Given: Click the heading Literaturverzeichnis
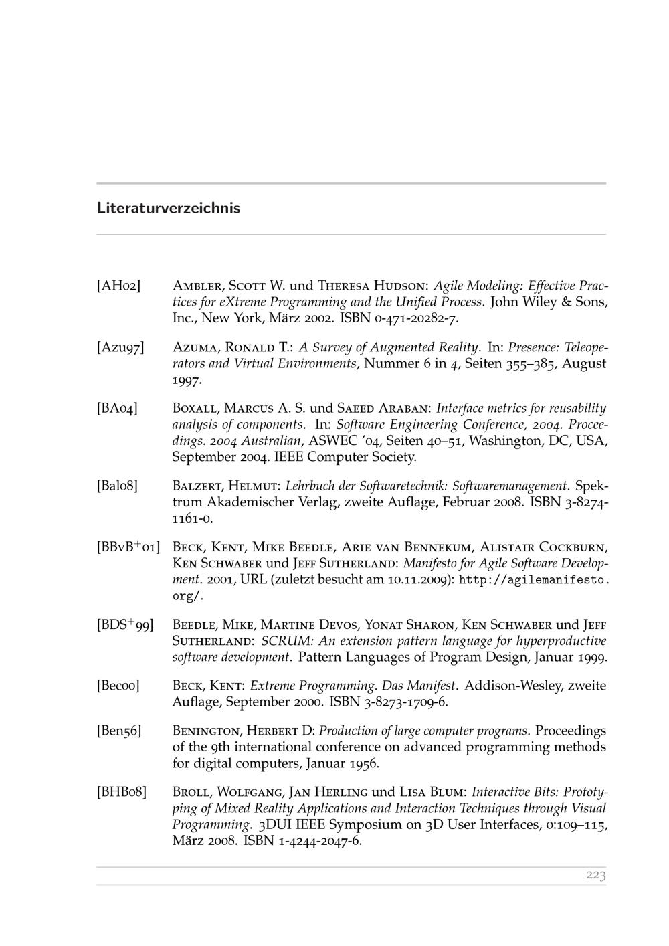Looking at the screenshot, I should click(168, 208).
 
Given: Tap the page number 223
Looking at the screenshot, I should click(595, 876).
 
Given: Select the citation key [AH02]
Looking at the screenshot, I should click(118, 286).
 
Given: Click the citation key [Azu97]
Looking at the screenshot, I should click(120, 348).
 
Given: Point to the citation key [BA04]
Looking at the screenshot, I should click(118, 409).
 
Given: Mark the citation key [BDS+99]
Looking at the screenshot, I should click(125, 625).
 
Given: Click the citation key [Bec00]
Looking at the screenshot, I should click(118, 686).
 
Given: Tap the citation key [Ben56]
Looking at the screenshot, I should click(119, 731).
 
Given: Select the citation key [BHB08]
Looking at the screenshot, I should click(121, 792).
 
